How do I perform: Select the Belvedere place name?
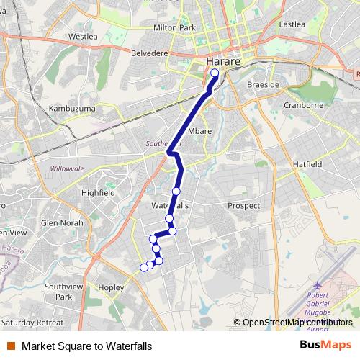pyautogui.click(x=149, y=53)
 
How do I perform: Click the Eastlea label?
pyautogui.click(x=292, y=24)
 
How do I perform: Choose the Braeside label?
pyautogui.click(x=263, y=84)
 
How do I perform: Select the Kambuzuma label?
pyautogui.click(x=71, y=109)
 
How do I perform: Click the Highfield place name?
pyautogui.click(x=98, y=193)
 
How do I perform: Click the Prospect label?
pyautogui.click(x=243, y=205)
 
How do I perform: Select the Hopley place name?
pyautogui.click(x=111, y=287)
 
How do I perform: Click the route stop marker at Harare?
pyautogui.click(x=215, y=73)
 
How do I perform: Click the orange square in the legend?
pyautogui.click(x=12, y=346)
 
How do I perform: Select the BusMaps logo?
pyautogui.click(x=325, y=345)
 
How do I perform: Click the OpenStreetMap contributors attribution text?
pyautogui.click(x=297, y=322)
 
